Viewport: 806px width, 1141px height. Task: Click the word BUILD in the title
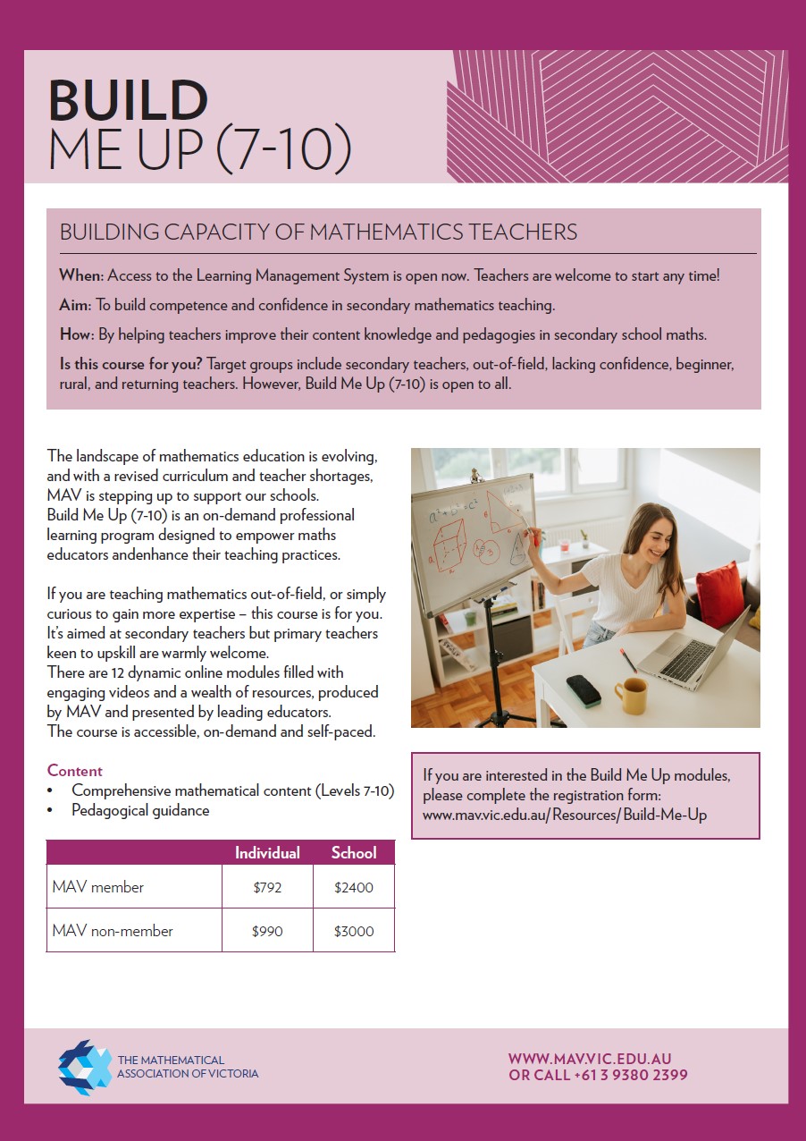click(x=128, y=100)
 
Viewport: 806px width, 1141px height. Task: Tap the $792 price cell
click(x=267, y=888)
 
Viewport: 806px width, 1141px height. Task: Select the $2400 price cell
click(x=353, y=888)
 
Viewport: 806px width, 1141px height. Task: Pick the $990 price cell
click(x=267, y=931)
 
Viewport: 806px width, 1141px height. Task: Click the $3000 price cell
click(x=353, y=931)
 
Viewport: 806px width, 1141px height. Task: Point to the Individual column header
click(x=267, y=853)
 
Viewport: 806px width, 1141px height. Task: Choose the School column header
click(x=353, y=853)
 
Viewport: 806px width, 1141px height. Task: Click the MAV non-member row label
click(x=113, y=931)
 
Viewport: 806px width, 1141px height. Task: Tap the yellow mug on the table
click(x=631, y=696)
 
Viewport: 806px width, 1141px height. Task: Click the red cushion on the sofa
click(x=719, y=593)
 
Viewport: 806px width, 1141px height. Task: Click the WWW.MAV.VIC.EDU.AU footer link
click(x=590, y=1059)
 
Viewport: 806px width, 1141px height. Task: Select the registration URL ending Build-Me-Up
click(x=565, y=816)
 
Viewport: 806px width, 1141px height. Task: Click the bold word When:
click(x=81, y=275)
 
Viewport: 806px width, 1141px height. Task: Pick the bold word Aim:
click(x=75, y=306)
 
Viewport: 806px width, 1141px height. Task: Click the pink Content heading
click(x=75, y=771)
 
